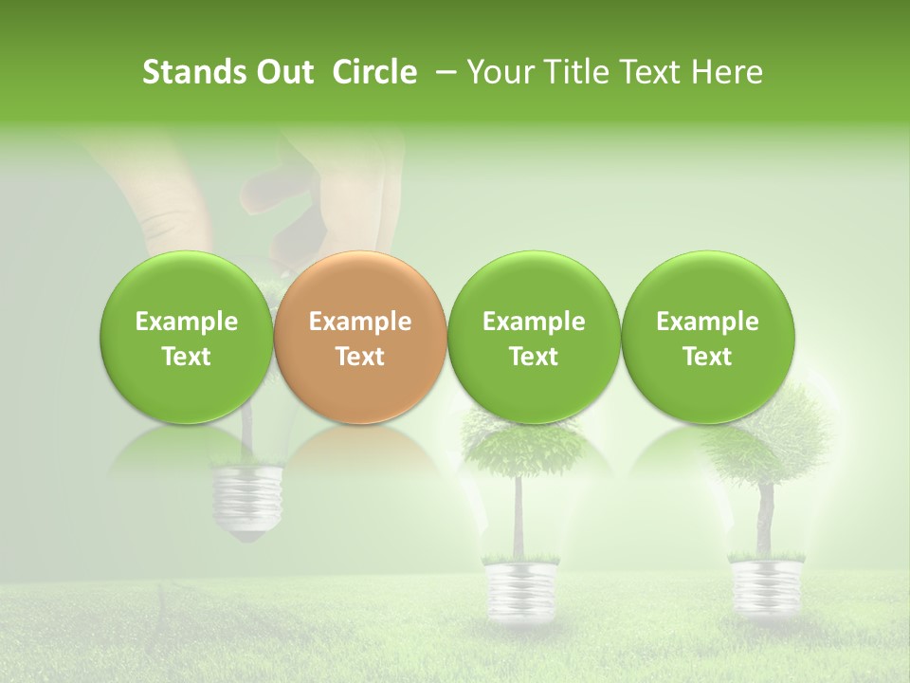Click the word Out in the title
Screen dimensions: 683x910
(282, 72)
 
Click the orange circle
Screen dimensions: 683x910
(360, 338)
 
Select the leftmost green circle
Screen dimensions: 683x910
(186, 338)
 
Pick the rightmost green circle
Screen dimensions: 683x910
(707, 338)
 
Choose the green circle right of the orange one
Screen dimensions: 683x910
(534, 338)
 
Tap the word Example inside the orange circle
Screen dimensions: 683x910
(360, 322)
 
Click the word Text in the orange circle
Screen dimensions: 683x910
(360, 357)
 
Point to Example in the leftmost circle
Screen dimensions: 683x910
(186, 322)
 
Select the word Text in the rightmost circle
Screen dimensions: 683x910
(707, 357)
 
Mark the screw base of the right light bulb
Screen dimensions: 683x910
(763, 578)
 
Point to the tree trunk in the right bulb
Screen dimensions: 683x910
(764, 517)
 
